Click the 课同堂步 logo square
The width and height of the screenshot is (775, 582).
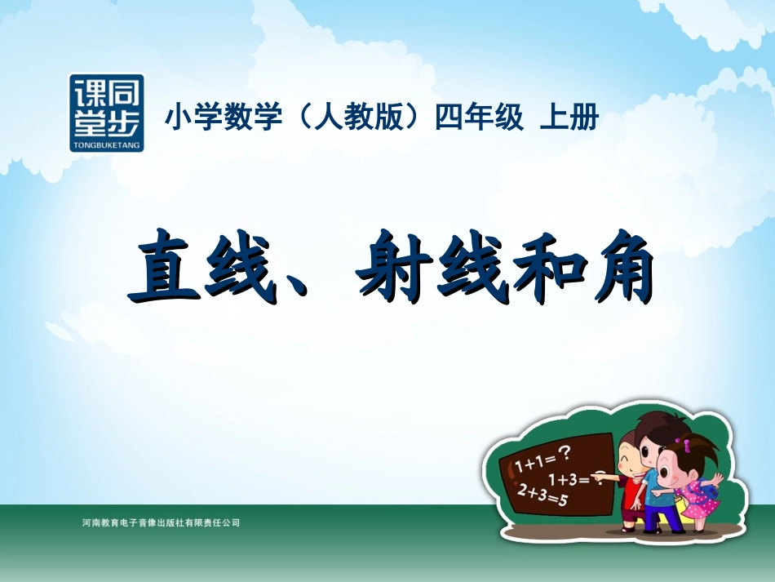(107, 113)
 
